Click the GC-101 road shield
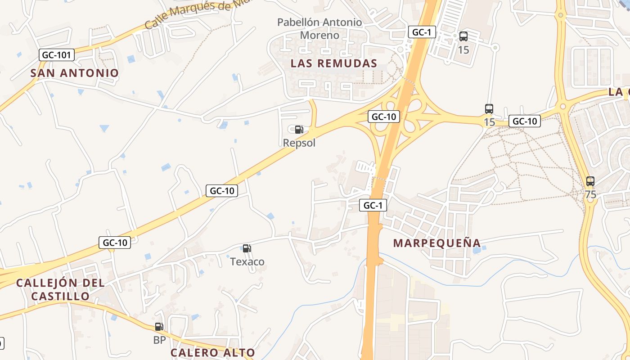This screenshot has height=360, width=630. tap(56, 55)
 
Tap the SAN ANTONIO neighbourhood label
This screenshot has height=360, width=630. tap(75, 73)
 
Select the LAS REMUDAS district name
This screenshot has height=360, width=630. tap(333, 63)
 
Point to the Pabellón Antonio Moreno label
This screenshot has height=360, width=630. tap(319, 28)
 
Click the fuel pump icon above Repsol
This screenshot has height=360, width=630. tap(299, 130)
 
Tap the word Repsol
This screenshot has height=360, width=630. tap(299, 143)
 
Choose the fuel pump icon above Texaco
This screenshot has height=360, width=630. tap(247, 248)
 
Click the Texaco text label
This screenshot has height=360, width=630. tap(247, 261)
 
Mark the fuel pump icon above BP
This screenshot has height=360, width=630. tap(159, 327)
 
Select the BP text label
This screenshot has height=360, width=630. tap(159, 340)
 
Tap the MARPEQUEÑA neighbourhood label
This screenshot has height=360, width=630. tap(437, 243)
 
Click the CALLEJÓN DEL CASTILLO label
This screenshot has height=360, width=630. tap(60, 289)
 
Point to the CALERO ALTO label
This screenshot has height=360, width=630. tap(212, 353)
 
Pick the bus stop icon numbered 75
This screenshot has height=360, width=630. tap(590, 182)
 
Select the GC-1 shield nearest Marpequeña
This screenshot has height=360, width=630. tap(373, 206)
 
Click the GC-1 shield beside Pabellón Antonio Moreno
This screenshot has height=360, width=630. tap(422, 32)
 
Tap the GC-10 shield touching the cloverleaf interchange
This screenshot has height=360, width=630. tap(383, 117)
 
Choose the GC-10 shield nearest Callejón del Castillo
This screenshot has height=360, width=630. tap(115, 243)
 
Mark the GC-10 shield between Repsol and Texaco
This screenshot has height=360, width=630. tap(221, 191)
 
